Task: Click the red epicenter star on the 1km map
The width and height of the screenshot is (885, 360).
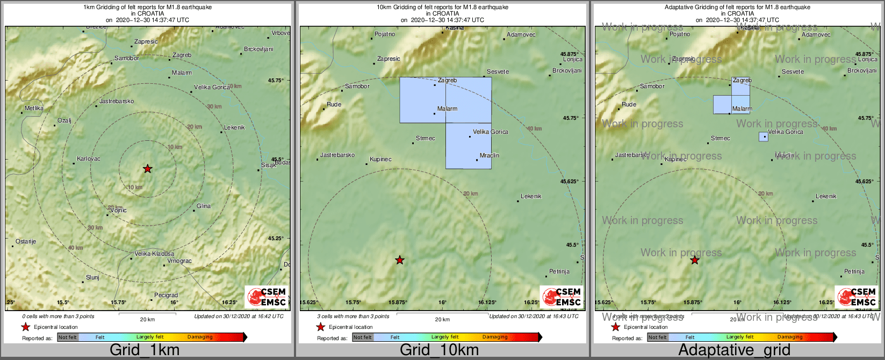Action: pyautogui.click(x=148, y=169)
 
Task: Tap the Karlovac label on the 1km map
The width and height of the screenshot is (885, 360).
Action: pyautogui.click(x=89, y=159)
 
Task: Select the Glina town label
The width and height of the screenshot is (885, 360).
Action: pyautogui.click(x=204, y=206)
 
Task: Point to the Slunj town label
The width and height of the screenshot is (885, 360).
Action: pyautogui.click(x=92, y=278)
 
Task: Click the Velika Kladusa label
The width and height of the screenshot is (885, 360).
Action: pyautogui.click(x=154, y=254)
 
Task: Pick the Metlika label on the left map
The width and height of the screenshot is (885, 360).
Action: pyautogui.click(x=34, y=109)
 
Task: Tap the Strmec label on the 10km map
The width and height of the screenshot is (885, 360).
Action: pyautogui.click(x=426, y=139)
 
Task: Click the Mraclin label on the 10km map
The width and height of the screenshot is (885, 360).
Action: pyautogui.click(x=490, y=156)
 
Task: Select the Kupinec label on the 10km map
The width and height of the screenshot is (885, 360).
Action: pyautogui.click(x=381, y=160)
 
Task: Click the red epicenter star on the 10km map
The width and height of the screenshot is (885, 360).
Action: pyautogui.click(x=400, y=261)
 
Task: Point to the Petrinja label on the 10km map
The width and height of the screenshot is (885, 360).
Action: pyautogui.click(x=559, y=272)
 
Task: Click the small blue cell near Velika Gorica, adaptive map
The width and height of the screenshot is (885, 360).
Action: pyautogui.click(x=763, y=137)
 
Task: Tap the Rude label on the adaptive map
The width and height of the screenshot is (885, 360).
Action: pyautogui.click(x=629, y=105)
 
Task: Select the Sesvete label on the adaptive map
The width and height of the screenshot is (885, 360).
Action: pyautogui.click(x=793, y=72)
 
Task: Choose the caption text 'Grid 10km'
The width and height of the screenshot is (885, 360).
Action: pyautogui.click(x=439, y=350)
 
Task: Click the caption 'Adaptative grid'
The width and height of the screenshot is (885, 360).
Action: pyautogui.click(x=734, y=350)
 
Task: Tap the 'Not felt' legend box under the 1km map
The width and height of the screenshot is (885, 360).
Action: pyautogui.click(x=68, y=337)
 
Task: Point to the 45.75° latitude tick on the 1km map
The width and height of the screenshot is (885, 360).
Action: pyautogui.click(x=276, y=81)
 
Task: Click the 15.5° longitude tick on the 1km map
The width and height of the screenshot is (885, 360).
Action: pyautogui.click(x=63, y=303)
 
